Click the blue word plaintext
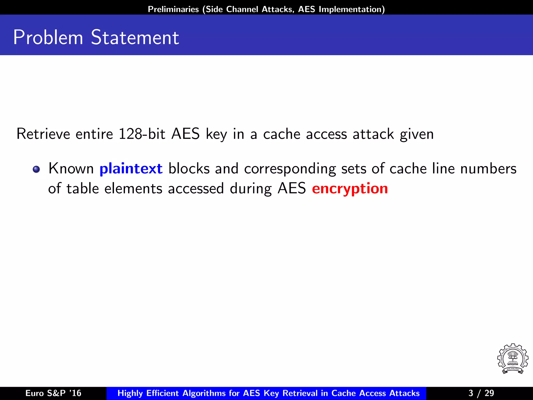(x=131, y=168)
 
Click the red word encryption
(x=350, y=189)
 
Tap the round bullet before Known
(x=36, y=169)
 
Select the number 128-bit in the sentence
(x=142, y=134)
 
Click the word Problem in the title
(x=48, y=37)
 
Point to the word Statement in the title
(x=135, y=37)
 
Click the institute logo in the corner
(x=512, y=359)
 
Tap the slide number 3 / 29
(x=481, y=393)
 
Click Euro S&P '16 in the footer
(x=53, y=393)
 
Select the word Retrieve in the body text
(x=43, y=134)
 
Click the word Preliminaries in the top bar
(x=173, y=9)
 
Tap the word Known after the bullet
(x=71, y=168)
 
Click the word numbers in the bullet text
(x=488, y=168)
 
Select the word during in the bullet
(x=251, y=189)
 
